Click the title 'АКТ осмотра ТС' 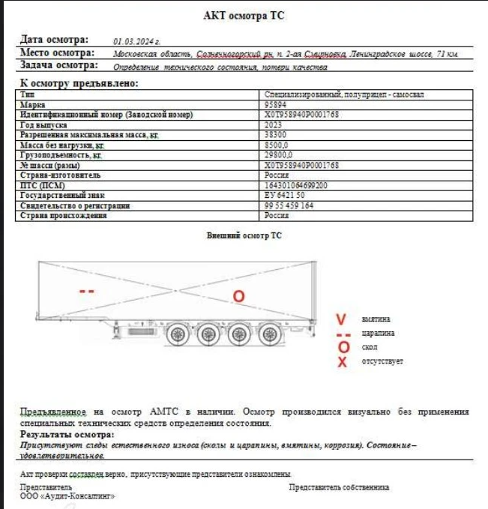(x=244, y=16)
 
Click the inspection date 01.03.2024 (x=137, y=42)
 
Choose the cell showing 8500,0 (x=277, y=145)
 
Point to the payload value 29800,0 (x=278, y=154)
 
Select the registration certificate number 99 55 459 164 (x=289, y=205)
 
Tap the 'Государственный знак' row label (x=57, y=195)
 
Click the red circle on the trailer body (x=238, y=296)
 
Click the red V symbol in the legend (x=341, y=319)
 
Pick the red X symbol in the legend (x=343, y=363)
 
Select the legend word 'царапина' (x=378, y=333)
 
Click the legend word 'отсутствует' (x=382, y=362)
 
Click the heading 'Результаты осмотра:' (x=67, y=435)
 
